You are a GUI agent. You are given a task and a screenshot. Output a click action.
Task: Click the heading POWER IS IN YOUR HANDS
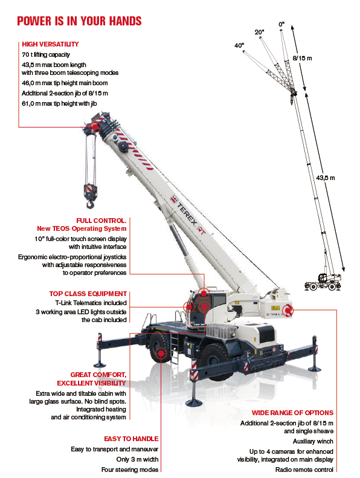(x=79, y=21)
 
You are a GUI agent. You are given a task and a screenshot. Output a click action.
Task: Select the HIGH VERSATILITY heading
(x=50, y=44)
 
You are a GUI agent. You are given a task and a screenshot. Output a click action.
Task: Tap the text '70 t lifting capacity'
(x=46, y=54)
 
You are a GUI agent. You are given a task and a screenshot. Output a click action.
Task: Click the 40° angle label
(x=239, y=45)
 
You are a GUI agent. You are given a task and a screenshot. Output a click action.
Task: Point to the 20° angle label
(x=259, y=32)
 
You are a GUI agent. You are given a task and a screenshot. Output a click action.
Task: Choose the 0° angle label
(x=281, y=24)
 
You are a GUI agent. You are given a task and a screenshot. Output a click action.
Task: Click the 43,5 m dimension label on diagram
(x=325, y=178)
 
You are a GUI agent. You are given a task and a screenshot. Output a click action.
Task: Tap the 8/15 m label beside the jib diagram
(x=303, y=58)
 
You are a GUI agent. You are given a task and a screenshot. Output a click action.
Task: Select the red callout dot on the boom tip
(x=95, y=126)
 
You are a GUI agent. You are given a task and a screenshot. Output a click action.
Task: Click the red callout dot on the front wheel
(x=161, y=354)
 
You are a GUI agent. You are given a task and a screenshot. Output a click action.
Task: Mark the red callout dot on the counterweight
(x=288, y=311)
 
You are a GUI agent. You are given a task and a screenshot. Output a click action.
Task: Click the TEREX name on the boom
(x=187, y=214)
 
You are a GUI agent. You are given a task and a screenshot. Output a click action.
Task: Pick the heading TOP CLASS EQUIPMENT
(x=88, y=294)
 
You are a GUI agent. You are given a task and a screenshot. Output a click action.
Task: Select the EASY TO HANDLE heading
(x=132, y=439)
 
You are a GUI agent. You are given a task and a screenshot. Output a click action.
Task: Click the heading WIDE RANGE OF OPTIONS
(x=292, y=413)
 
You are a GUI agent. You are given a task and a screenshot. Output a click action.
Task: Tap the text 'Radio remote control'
(x=304, y=470)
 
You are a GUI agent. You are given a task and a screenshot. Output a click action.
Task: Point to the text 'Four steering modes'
(x=130, y=470)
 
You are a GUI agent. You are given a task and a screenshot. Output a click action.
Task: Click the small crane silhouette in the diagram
(x=323, y=282)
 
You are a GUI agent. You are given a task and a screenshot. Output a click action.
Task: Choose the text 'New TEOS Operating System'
(x=82, y=228)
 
